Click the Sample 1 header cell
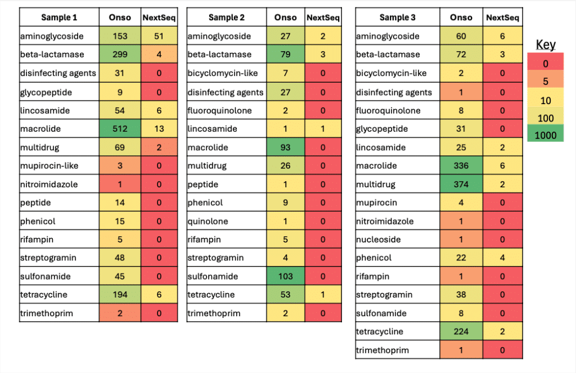(x=60, y=17)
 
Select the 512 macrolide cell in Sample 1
(x=120, y=129)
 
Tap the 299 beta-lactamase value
(x=120, y=55)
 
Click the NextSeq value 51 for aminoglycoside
(x=159, y=36)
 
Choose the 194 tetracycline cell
(x=120, y=295)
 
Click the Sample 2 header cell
(x=226, y=17)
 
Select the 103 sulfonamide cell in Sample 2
(x=285, y=276)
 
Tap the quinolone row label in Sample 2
(x=208, y=221)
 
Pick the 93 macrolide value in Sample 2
(x=285, y=147)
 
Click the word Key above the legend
(x=545, y=45)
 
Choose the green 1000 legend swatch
(x=545, y=136)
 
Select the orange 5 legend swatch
(x=545, y=82)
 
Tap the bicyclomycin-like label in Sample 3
(x=391, y=73)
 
